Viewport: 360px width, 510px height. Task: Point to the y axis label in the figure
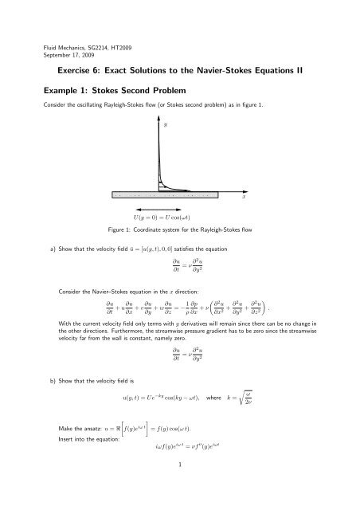point(165,124)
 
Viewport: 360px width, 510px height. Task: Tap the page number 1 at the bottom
point(180,492)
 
